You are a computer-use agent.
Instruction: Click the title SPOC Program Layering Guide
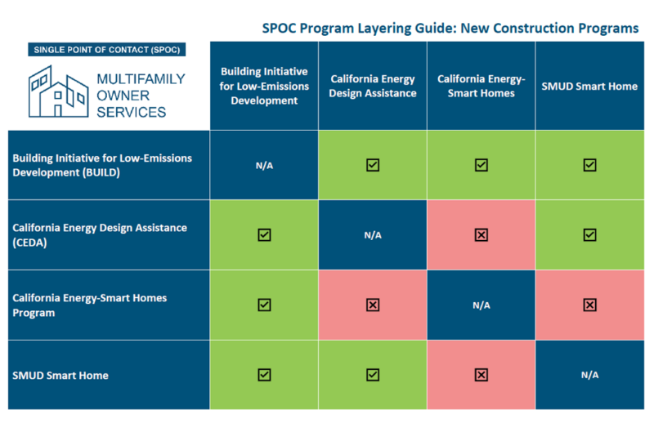pos(450,28)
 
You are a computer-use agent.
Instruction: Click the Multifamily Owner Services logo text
pos(141,95)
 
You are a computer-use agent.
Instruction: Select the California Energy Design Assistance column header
pos(373,86)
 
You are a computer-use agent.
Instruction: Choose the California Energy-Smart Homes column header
pos(481,86)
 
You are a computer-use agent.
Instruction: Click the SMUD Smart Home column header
pos(589,86)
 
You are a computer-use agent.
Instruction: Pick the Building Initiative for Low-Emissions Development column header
pos(264,86)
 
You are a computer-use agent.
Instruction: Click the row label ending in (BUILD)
pos(102,165)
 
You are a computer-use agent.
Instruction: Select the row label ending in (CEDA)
pos(100,234)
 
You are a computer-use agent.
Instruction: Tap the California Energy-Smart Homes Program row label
pos(90,305)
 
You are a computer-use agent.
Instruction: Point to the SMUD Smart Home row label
pos(60,375)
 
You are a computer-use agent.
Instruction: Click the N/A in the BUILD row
pos(264,165)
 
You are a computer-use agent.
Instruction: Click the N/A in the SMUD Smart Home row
pos(589,375)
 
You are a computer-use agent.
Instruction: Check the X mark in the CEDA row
pos(482,235)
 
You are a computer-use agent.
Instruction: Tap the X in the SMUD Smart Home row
pos(482,375)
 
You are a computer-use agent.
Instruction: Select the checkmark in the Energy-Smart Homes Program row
pos(264,305)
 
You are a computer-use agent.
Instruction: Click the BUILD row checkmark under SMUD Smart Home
pos(589,165)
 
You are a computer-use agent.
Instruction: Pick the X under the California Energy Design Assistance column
pos(373,305)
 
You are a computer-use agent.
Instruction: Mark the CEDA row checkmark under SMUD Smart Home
pos(589,235)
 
